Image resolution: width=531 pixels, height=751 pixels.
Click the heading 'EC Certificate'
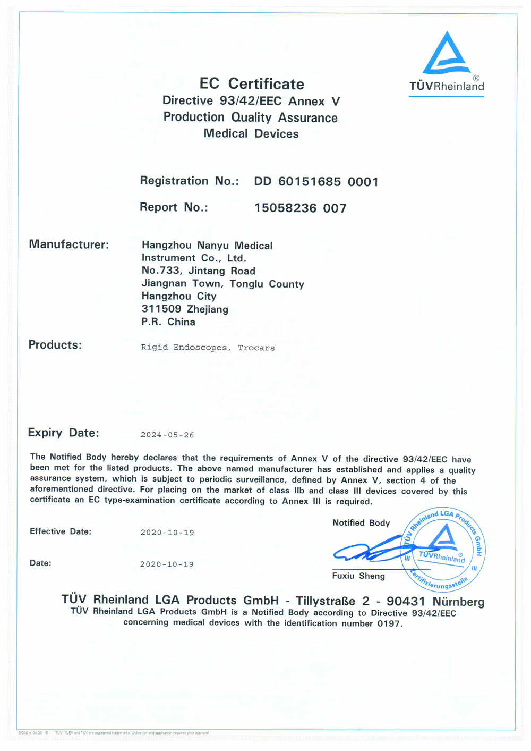(x=252, y=84)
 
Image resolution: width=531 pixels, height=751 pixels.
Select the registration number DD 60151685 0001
(x=316, y=182)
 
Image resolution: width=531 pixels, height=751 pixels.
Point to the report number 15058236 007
(x=300, y=208)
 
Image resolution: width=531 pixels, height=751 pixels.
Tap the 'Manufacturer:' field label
(x=69, y=244)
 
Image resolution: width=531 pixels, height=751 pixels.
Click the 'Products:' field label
(x=55, y=345)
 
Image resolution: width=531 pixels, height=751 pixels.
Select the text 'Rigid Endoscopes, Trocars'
(x=208, y=348)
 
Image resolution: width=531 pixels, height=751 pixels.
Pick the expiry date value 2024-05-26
(x=167, y=435)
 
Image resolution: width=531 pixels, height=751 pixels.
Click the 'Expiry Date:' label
(x=64, y=433)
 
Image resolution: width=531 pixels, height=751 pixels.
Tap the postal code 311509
(x=161, y=309)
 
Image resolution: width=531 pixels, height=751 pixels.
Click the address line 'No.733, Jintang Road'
(x=199, y=271)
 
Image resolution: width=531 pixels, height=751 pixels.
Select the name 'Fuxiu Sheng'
(x=358, y=576)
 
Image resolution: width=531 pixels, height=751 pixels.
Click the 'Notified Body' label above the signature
(x=361, y=523)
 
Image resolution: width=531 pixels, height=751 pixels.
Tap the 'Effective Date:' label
(x=61, y=531)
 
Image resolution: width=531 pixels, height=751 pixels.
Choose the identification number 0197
(x=389, y=623)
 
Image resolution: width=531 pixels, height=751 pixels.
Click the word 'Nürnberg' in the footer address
(x=458, y=602)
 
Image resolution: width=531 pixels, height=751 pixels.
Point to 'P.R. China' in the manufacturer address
(x=168, y=322)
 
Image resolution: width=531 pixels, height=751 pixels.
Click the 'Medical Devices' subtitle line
(x=251, y=134)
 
